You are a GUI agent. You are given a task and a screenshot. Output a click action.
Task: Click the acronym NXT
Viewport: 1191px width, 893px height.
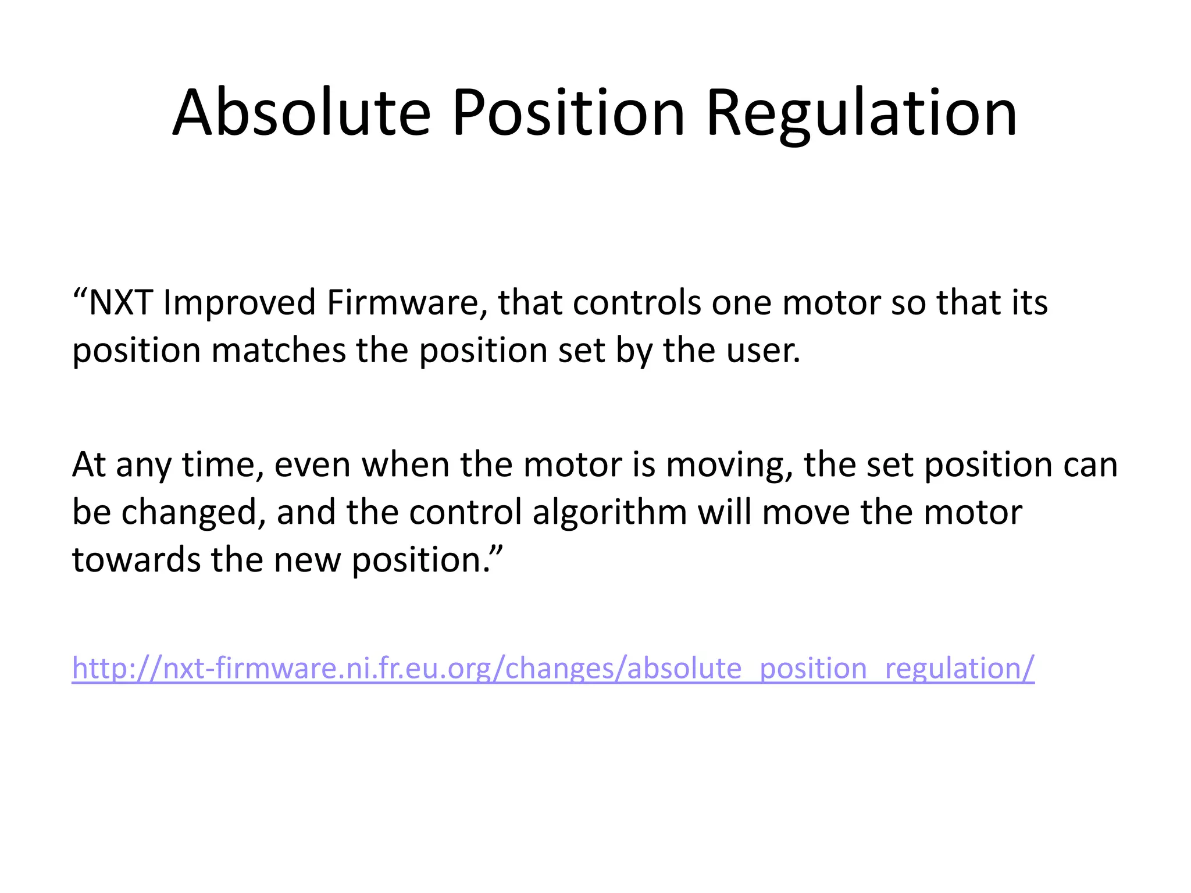point(120,303)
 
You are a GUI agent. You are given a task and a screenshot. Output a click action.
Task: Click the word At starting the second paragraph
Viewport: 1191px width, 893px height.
point(88,465)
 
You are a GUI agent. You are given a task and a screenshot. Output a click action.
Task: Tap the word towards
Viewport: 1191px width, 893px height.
point(136,560)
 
